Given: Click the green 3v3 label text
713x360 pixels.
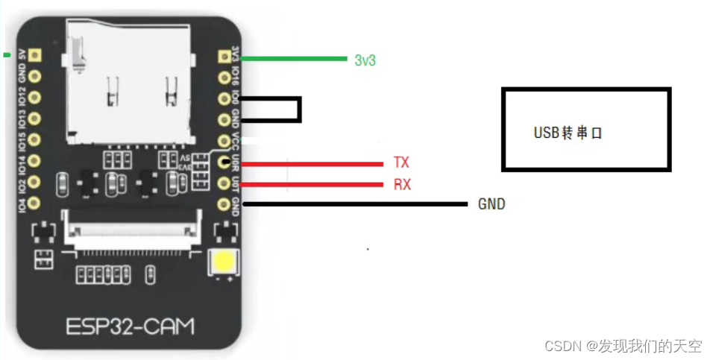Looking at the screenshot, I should click(365, 60).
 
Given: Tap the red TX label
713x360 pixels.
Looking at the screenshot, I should click(401, 162).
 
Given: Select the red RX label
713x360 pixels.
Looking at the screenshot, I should click(402, 184).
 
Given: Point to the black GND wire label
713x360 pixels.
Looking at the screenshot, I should click(491, 203).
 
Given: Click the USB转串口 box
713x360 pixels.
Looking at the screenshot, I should click(586, 130).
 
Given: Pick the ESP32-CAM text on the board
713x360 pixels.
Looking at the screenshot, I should click(131, 326).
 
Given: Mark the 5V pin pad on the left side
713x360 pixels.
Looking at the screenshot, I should click(34, 55).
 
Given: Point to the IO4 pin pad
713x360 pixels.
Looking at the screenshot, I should click(34, 201).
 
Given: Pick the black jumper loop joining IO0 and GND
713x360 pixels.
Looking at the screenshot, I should click(299, 110).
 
